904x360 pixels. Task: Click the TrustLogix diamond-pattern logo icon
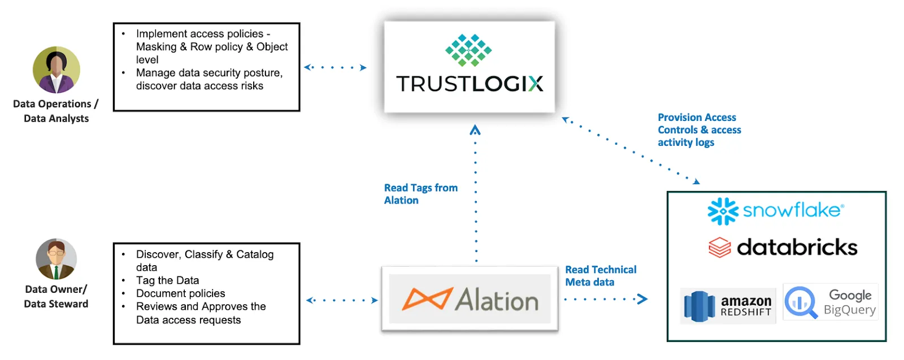pyautogui.click(x=468, y=50)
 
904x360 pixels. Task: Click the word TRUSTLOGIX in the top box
pyautogui.click(x=470, y=84)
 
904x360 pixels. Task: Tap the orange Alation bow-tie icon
pyautogui.click(x=427, y=299)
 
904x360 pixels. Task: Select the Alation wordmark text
pyautogui.click(x=497, y=300)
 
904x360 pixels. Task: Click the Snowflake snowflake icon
pyautogui.click(x=723, y=211)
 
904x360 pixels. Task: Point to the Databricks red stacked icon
pyautogui.click(x=720, y=248)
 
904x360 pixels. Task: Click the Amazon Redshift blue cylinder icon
pyautogui.click(x=699, y=306)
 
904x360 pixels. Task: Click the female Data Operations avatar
pyautogui.click(x=56, y=70)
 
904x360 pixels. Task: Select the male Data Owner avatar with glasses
pyautogui.click(x=56, y=259)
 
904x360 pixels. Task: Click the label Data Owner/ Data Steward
pyautogui.click(x=56, y=296)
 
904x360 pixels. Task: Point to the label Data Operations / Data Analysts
pyautogui.click(x=56, y=111)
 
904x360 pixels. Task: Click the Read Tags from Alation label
pyautogui.click(x=420, y=194)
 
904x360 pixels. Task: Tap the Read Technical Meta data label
pyautogui.click(x=600, y=276)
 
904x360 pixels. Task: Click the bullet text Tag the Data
pyautogui.click(x=167, y=280)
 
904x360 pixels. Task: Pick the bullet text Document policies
pyautogui.click(x=180, y=293)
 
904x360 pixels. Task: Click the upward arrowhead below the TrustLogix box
pyautogui.click(x=475, y=130)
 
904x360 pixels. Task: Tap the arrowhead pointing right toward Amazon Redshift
pyautogui.click(x=642, y=299)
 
